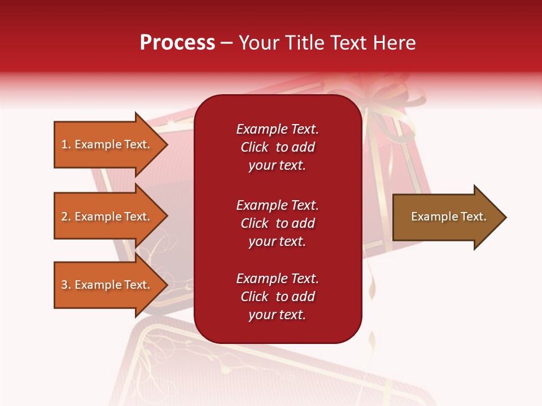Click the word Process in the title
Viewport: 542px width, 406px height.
click(177, 43)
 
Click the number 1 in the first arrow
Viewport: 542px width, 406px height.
click(64, 144)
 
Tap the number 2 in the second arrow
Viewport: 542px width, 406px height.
click(64, 217)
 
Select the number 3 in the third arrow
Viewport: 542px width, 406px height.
click(64, 285)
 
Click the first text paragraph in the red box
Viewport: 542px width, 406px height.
click(277, 147)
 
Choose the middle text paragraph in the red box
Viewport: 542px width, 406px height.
click(277, 223)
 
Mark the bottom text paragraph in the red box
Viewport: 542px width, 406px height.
click(277, 297)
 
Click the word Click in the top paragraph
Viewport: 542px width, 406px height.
click(255, 147)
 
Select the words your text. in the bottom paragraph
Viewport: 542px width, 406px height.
click(277, 315)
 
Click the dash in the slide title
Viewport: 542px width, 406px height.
click(227, 43)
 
